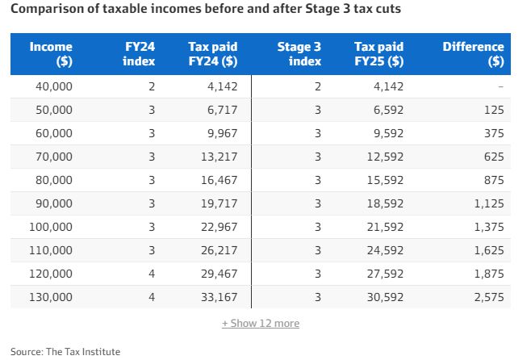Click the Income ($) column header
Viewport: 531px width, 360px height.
tap(51, 54)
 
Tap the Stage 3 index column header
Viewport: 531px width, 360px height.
tap(299, 54)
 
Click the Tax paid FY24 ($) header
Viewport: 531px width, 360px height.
tap(212, 54)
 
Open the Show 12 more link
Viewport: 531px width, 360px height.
tap(261, 323)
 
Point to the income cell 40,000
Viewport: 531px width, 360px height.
tap(54, 86)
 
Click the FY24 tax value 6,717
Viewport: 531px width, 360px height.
tap(219, 110)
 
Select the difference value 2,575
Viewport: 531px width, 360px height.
tap(487, 297)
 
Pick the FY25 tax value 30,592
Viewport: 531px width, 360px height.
tap(385, 297)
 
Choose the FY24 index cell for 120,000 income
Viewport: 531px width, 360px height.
tap(151, 274)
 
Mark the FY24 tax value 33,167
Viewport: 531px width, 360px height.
tap(219, 297)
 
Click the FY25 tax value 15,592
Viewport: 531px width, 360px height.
tap(385, 180)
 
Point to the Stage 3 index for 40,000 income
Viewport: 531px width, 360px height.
tap(317, 86)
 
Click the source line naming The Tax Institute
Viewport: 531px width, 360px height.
tap(65, 351)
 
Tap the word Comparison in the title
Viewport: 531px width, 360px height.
tap(45, 10)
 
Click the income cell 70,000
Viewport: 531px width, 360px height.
tap(54, 157)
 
